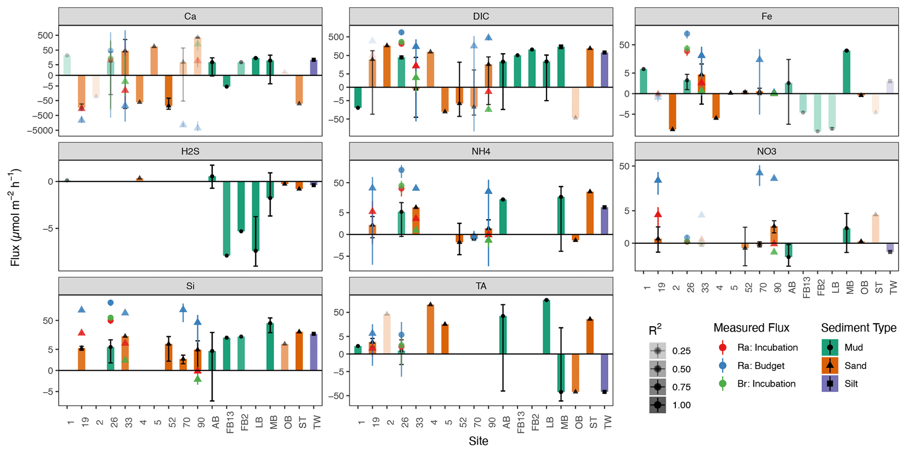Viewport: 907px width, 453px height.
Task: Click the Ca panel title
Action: (x=190, y=17)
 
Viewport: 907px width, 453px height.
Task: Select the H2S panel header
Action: (x=190, y=152)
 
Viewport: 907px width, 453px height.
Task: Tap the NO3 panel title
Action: (x=766, y=152)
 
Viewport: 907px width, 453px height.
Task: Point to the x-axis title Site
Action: (x=478, y=441)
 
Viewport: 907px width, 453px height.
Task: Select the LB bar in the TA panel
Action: (x=546, y=327)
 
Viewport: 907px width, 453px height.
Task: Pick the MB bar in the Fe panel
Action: (x=846, y=72)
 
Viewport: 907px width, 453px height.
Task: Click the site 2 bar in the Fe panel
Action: (x=672, y=111)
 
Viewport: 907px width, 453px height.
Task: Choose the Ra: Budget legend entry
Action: (x=767, y=366)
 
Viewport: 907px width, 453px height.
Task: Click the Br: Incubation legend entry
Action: (x=766, y=384)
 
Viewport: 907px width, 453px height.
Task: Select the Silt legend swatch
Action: (x=830, y=384)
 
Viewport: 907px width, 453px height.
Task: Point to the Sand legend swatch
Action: (x=830, y=366)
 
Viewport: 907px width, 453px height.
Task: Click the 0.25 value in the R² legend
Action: (x=681, y=351)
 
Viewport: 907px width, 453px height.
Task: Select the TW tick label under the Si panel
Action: (x=317, y=422)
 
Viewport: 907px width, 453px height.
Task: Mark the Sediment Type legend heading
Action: (x=859, y=328)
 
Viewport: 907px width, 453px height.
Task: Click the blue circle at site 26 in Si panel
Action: (x=111, y=303)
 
